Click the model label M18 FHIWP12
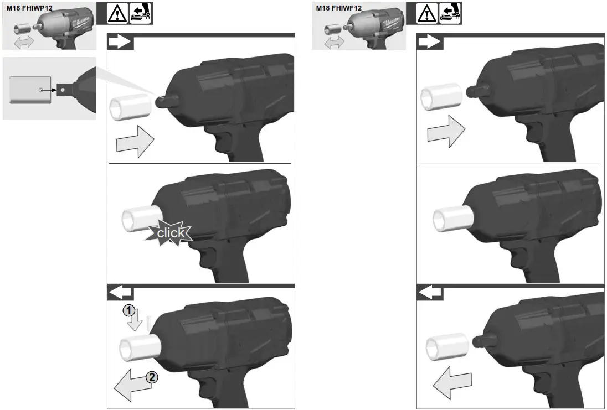tap(29, 8)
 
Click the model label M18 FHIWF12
tap(339, 8)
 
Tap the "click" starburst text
tap(170, 233)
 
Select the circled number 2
tap(151, 378)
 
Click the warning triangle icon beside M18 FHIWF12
tap(424, 13)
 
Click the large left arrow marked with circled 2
tap(131, 386)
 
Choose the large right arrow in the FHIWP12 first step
tap(135, 142)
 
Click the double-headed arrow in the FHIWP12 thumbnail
tap(24, 41)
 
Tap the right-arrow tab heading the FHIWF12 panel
tap(430, 43)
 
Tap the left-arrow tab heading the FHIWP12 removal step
tap(120, 292)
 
